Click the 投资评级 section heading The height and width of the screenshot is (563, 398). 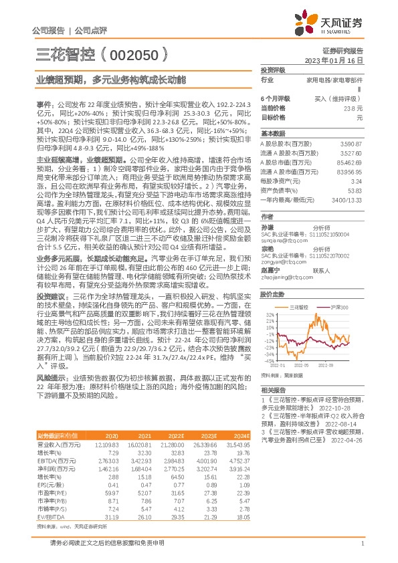[x=273, y=70]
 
